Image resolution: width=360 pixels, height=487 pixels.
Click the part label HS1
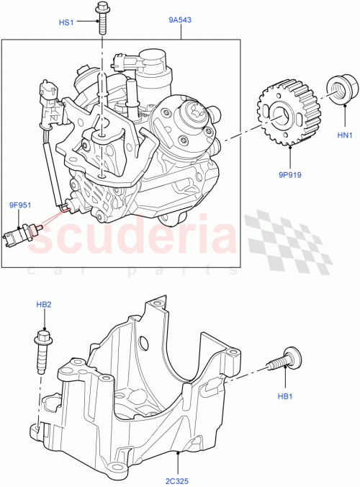click(66, 22)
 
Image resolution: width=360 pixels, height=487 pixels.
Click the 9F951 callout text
click(19, 205)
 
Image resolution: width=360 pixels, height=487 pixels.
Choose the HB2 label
click(44, 305)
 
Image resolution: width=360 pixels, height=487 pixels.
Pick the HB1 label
click(285, 396)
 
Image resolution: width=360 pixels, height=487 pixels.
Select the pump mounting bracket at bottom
click(144, 389)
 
